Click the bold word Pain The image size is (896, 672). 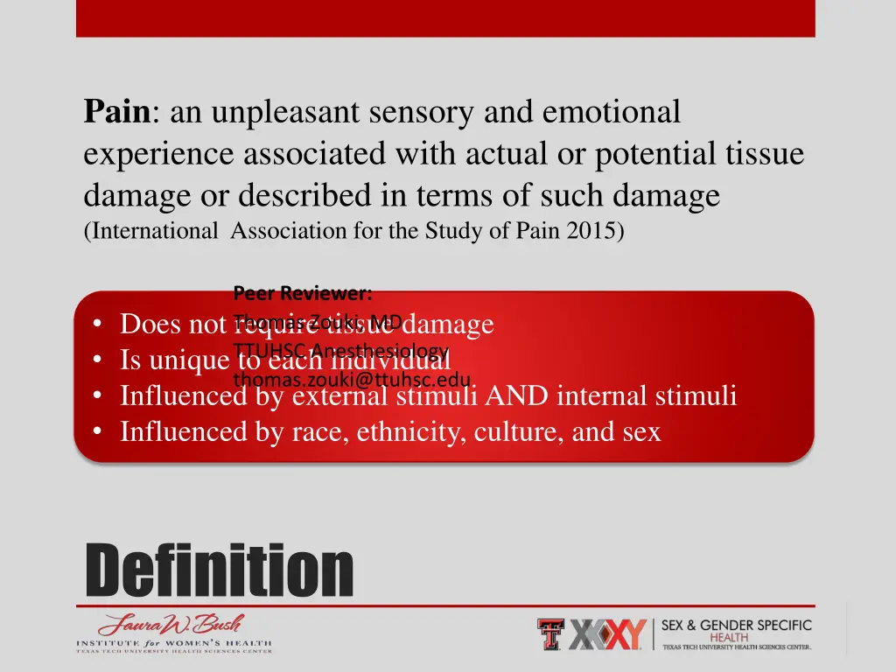(118, 113)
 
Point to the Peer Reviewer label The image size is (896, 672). (303, 293)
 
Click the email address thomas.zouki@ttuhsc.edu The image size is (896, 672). (352, 380)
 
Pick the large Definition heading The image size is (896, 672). (219, 570)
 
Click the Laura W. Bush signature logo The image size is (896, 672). (171, 626)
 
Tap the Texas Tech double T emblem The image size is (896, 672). (551, 634)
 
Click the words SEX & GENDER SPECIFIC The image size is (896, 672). (736, 626)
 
